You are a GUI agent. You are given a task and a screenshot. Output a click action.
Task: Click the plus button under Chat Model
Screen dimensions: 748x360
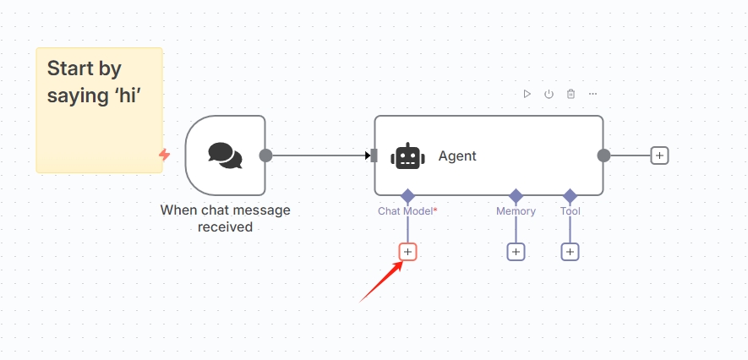pyautogui.click(x=408, y=252)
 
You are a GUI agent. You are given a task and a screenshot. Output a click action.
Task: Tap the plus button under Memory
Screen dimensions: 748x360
pyautogui.click(x=516, y=252)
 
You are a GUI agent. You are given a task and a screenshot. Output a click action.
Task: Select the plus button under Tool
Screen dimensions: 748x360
pyautogui.click(x=570, y=252)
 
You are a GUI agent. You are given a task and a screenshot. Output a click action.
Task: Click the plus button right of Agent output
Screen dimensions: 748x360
pyautogui.click(x=660, y=155)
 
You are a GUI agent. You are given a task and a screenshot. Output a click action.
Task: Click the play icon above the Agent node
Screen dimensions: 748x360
pyautogui.click(x=527, y=94)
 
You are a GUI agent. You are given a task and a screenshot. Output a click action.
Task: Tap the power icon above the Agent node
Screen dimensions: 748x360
pyautogui.click(x=549, y=94)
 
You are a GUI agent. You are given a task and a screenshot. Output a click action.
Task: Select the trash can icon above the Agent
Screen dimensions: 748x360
pyautogui.click(x=571, y=94)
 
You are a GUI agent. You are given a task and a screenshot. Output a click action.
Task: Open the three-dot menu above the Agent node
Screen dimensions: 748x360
pyautogui.click(x=593, y=94)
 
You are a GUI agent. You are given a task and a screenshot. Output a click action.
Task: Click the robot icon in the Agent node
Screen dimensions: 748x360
pyautogui.click(x=408, y=156)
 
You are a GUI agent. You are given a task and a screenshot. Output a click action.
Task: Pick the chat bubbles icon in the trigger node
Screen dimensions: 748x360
pyautogui.click(x=225, y=155)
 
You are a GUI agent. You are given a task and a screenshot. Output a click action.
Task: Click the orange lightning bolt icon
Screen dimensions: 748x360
pyautogui.click(x=165, y=155)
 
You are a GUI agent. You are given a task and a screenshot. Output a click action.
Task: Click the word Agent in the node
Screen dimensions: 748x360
pyautogui.click(x=457, y=156)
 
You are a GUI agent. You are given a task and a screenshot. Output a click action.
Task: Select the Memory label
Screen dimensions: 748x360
pyautogui.click(x=516, y=210)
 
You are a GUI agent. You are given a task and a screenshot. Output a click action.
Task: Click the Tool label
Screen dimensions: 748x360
pyautogui.click(x=570, y=210)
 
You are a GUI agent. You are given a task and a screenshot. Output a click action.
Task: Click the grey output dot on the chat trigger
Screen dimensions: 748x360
pyautogui.click(x=265, y=155)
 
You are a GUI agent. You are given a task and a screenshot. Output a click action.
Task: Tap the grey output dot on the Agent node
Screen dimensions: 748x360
pyautogui.click(x=604, y=155)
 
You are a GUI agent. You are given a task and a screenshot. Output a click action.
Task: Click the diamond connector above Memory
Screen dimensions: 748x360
pyautogui.click(x=516, y=195)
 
